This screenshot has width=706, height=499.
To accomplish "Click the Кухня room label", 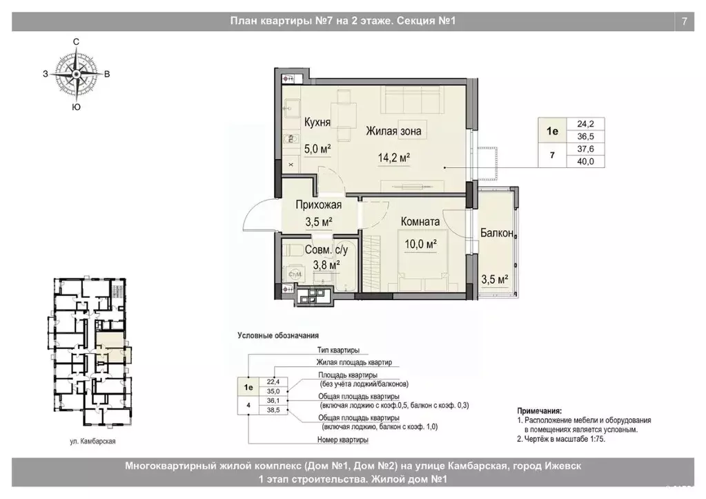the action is [x=317, y=122].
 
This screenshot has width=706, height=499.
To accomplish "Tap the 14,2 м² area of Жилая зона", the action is [x=393, y=158].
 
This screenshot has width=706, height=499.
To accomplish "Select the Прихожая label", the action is [x=318, y=205].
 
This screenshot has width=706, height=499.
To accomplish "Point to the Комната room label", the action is [x=420, y=222].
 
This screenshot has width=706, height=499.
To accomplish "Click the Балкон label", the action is [x=497, y=233].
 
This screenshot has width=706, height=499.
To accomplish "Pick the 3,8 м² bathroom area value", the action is [x=326, y=265].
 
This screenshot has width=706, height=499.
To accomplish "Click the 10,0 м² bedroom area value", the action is [x=420, y=244].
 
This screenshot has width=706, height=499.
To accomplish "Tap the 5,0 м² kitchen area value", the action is [x=318, y=149].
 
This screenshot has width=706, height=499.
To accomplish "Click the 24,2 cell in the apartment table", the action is [x=585, y=124].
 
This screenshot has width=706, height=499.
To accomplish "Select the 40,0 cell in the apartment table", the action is [x=585, y=161].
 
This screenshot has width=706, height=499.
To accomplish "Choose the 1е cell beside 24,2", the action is [x=553, y=131].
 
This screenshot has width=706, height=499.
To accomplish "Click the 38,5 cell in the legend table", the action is [x=273, y=411].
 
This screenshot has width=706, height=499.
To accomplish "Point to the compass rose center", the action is [x=77, y=73].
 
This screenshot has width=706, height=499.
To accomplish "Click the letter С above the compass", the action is [x=76, y=42].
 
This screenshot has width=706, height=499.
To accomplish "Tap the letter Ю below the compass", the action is [x=77, y=107].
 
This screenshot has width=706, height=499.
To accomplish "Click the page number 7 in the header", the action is [x=685, y=21].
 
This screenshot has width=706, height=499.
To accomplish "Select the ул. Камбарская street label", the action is [x=92, y=442].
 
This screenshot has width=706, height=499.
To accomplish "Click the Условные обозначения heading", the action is [x=278, y=335].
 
